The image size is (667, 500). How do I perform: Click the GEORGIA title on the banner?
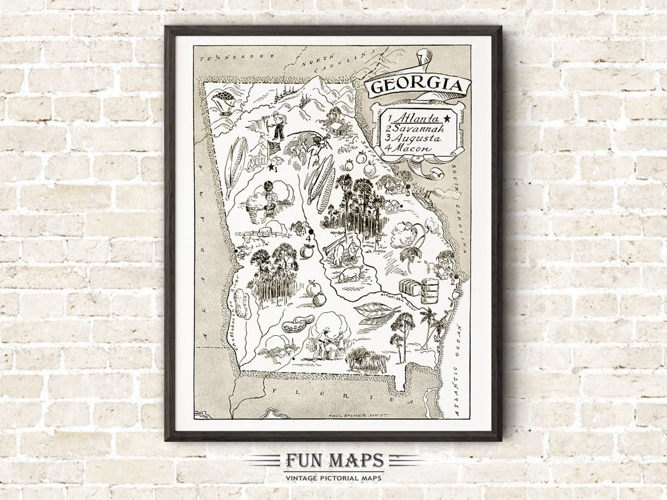pos(417,86)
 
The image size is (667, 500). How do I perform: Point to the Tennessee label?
pos(227,57)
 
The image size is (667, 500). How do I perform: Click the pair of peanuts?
pos(298,324)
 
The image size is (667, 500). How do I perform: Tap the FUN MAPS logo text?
pos(334,461)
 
